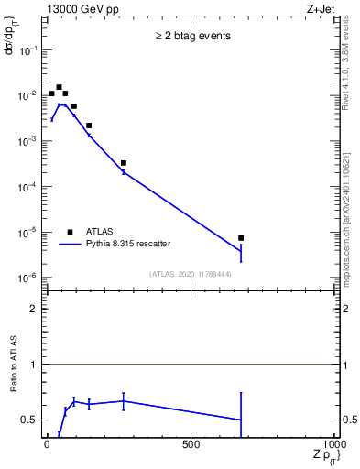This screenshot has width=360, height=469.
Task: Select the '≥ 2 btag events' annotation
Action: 191,36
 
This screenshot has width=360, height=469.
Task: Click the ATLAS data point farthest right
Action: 241,238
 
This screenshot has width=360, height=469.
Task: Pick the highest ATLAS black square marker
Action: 59,88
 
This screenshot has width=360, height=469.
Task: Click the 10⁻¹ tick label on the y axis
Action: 27,50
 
